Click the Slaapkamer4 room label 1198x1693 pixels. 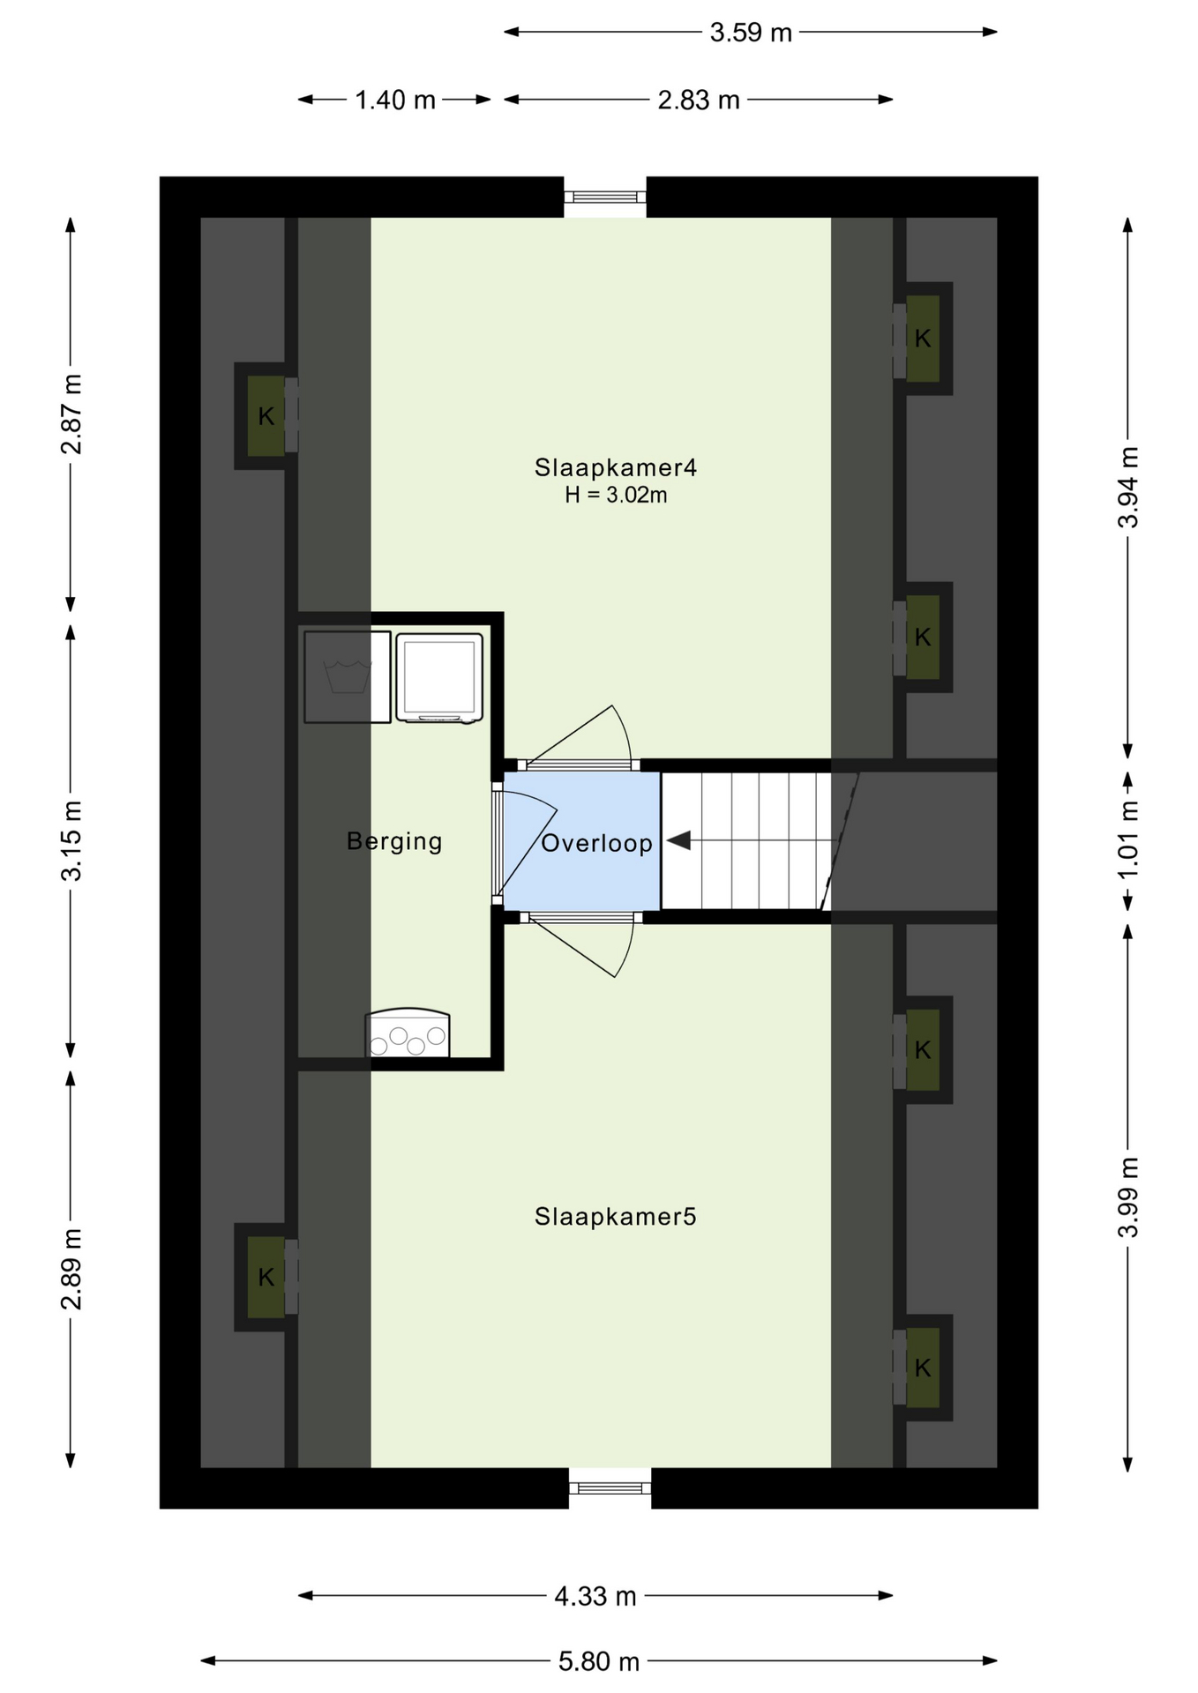click(615, 467)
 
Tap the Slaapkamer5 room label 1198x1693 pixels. click(615, 1217)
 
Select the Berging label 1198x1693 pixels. click(394, 841)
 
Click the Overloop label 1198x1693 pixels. click(596, 843)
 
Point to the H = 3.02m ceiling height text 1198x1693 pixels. click(616, 496)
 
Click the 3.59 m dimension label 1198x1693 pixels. click(751, 33)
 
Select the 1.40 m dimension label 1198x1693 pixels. click(395, 100)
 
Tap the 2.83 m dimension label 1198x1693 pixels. click(698, 100)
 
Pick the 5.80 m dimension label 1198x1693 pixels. click(598, 1661)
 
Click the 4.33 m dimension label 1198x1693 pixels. click(595, 1595)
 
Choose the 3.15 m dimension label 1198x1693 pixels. click(71, 840)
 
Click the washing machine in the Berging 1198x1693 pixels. click(348, 677)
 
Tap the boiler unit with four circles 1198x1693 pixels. click(408, 1033)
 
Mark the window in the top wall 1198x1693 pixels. click(605, 197)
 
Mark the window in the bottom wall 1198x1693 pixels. click(610, 1488)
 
